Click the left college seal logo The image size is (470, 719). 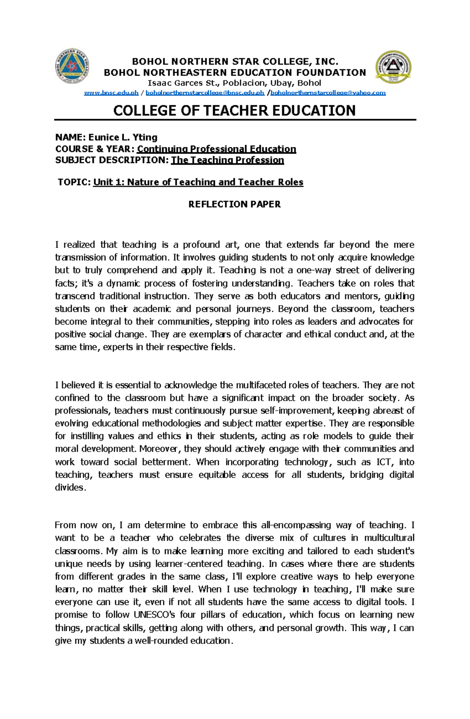coord(72,66)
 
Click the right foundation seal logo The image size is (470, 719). coord(393,67)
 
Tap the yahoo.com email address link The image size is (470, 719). coord(328,93)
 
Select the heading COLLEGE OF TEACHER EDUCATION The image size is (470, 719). coord(234,111)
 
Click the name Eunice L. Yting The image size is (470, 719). coord(123,137)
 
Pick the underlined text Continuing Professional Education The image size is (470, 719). coord(216,149)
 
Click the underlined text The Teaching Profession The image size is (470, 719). coord(227,160)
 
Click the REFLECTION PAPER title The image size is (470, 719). coord(234,204)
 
